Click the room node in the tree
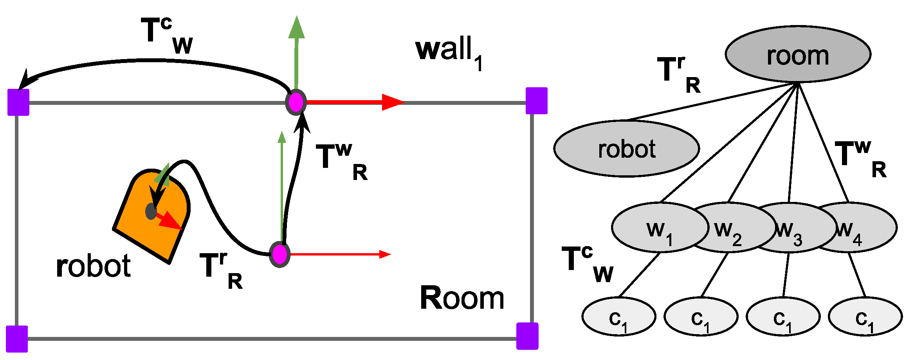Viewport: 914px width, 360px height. point(798,55)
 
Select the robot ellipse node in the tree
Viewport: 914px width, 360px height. point(626,149)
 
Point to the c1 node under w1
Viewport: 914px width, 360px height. point(618,317)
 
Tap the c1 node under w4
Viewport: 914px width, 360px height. point(865,317)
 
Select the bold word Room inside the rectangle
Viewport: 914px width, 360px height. point(462,299)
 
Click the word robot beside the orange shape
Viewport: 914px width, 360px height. point(93,266)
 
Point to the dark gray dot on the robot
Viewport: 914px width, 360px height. point(151,211)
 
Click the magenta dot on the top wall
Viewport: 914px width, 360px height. point(296,102)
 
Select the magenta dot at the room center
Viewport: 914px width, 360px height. point(279,255)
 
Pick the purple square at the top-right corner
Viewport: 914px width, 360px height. point(536,101)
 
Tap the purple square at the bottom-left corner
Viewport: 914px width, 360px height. point(17,339)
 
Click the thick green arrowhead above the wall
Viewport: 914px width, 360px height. point(297,28)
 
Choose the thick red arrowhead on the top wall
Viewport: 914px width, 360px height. point(392,102)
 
